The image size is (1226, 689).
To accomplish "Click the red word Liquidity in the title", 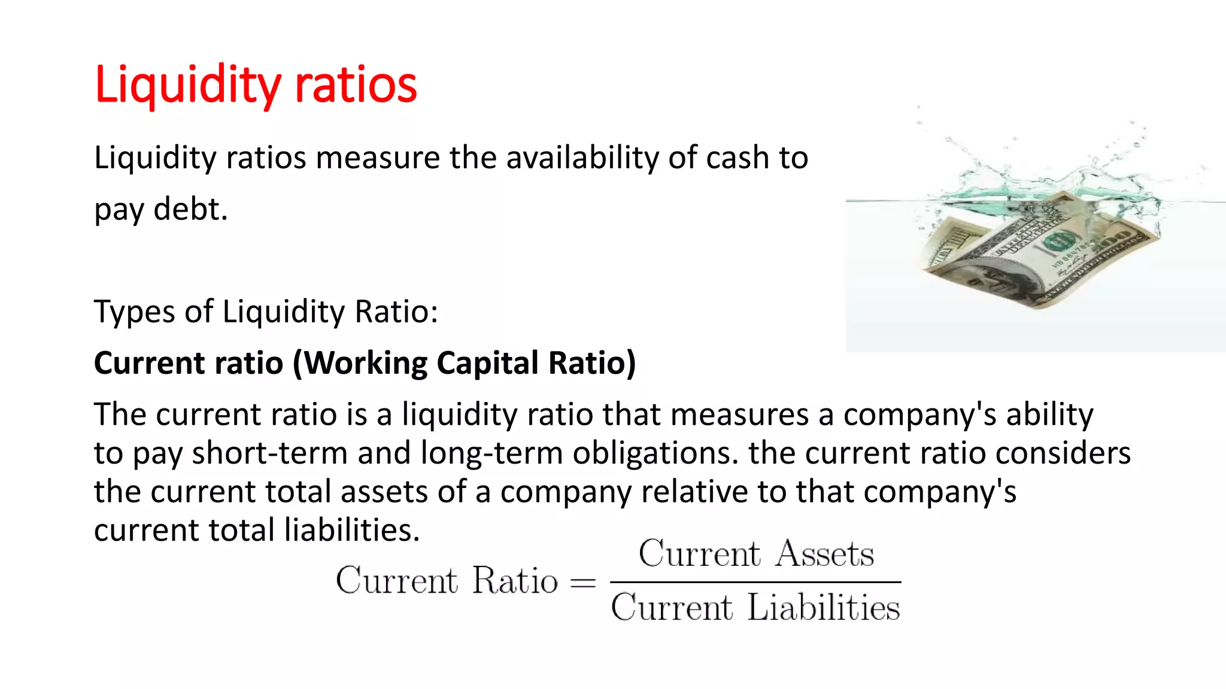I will (x=187, y=85).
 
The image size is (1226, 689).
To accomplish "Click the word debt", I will (x=190, y=209).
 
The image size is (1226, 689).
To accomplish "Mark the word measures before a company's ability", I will (x=740, y=414).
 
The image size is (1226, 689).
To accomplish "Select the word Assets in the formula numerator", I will (x=825, y=553).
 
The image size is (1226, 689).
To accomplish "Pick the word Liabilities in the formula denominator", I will (x=824, y=608).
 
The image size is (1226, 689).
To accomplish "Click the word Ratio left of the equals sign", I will (x=515, y=580).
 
